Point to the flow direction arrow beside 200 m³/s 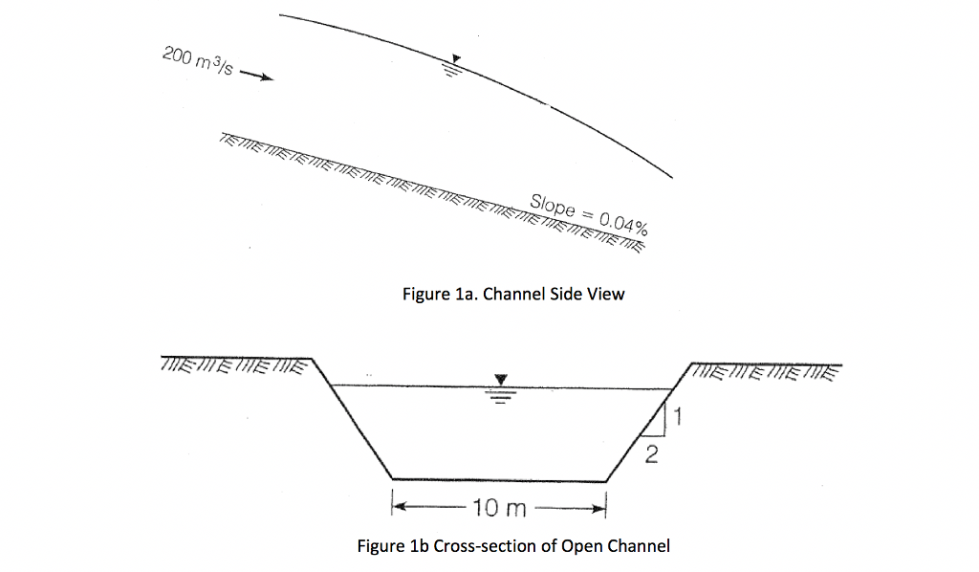coord(257,77)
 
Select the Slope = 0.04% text coord(589,214)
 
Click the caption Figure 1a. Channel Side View coord(513,294)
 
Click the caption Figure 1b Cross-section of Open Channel coord(513,546)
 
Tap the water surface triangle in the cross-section coord(498,381)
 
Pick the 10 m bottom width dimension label coord(498,507)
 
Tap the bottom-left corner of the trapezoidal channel coord(392,478)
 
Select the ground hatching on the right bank coord(765,371)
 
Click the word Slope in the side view coord(554,206)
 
